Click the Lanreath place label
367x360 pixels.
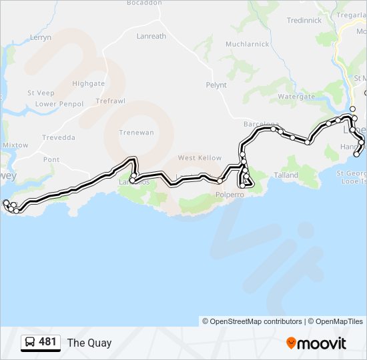pos(151,36)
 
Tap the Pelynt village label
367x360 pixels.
pos(216,85)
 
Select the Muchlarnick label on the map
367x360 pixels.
pos(247,44)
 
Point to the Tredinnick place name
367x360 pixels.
pos(304,20)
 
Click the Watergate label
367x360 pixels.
pos(296,96)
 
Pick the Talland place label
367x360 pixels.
pos(286,175)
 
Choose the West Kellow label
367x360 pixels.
pos(200,158)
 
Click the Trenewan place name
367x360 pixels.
pos(136,132)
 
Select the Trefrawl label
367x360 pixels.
pos(111,101)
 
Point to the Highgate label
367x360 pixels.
pos(89,84)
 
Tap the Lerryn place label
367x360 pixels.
pos(40,37)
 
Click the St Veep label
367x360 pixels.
pos(41,93)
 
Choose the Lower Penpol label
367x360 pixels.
pos(59,104)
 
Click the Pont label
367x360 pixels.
pos(51,159)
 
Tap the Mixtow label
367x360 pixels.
pos(15,145)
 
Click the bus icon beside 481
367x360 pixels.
pos(30,342)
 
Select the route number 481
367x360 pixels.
pos(48,342)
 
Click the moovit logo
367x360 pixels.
pos(316,343)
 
